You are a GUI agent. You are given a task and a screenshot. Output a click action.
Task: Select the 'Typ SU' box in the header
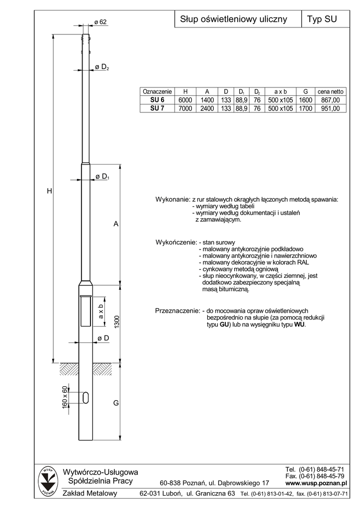[x=322, y=19]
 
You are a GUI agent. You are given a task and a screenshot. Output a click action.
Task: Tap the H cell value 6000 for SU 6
[x=185, y=100]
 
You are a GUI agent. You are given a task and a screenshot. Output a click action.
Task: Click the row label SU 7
[x=157, y=108]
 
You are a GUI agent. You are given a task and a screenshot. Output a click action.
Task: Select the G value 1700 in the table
[x=305, y=108]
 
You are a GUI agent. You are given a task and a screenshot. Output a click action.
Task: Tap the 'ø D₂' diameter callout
[x=102, y=67]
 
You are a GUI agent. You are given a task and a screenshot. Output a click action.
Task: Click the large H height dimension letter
[x=50, y=191]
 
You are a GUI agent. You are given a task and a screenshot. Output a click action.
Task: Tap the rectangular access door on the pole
[x=86, y=310]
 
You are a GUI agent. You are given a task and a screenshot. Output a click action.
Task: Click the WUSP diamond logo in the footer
[x=48, y=481]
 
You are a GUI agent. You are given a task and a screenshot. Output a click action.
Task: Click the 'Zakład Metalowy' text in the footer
[x=90, y=494]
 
